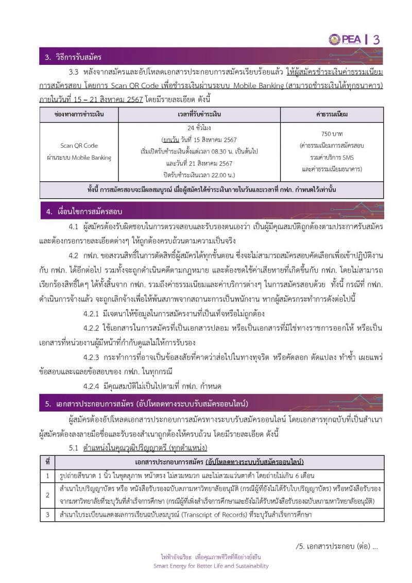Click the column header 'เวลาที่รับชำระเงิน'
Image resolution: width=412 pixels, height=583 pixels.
pyautogui.click(x=199, y=114)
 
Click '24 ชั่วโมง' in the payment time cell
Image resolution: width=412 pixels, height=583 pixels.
pyautogui.click(x=199, y=127)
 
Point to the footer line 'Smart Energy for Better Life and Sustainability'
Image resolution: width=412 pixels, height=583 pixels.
pyautogui.click(x=211, y=566)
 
